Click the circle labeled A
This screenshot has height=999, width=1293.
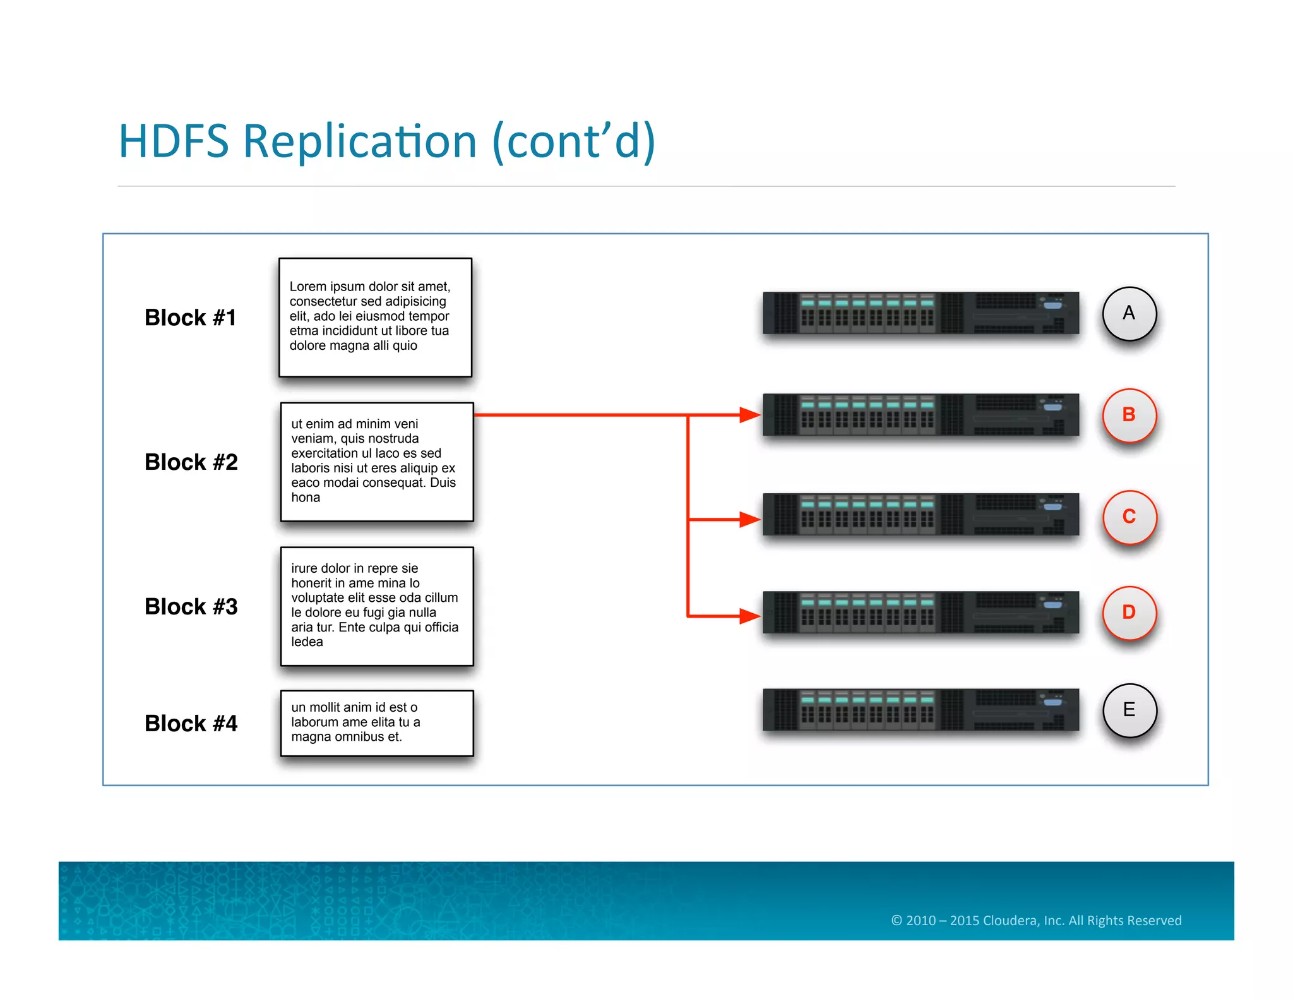(1129, 314)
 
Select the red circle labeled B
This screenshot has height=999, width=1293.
(1129, 415)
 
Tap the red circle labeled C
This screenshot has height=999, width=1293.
(1129, 517)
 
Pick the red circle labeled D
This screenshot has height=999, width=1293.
(1129, 613)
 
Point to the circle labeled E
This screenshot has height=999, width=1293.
(1129, 710)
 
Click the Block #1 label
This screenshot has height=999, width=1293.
(190, 318)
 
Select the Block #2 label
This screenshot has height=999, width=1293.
(191, 462)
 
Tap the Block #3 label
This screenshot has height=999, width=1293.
(191, 607)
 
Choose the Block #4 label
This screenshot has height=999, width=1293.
(191, 724)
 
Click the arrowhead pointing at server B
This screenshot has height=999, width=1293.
(749, 415)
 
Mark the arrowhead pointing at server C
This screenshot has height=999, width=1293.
(749, 519)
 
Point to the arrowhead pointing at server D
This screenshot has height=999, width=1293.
(749, 616)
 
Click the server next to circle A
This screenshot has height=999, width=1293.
(921, 313)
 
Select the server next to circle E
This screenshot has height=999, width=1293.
(921, 710)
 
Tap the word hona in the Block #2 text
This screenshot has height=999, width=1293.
(306, 498)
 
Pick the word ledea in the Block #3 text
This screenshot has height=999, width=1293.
(307, 642)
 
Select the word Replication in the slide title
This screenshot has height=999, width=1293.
(360, 141)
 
